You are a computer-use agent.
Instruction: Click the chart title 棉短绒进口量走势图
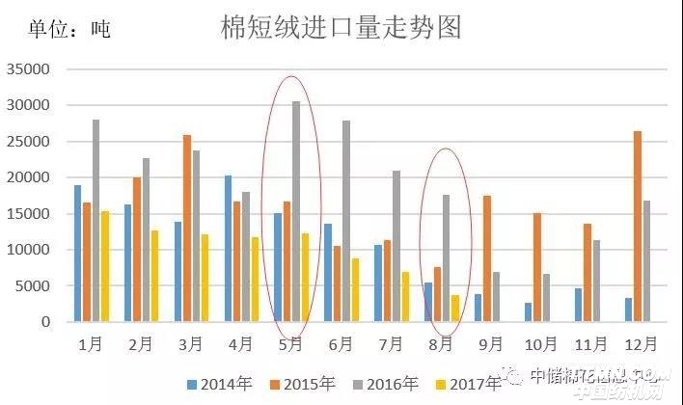pos(341,27)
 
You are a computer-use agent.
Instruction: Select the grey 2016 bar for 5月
pos(296,211)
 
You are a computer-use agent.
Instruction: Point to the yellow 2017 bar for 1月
pos(105,266)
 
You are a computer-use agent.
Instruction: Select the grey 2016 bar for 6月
pos(346,221)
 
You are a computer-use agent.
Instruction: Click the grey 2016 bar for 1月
pos(96,221)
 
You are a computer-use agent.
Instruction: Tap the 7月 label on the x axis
pos(391,343)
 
